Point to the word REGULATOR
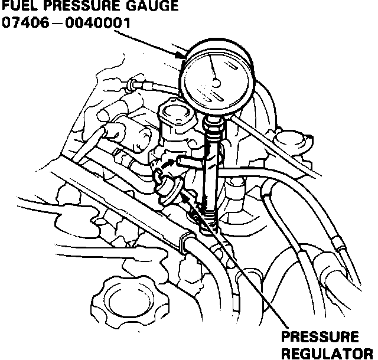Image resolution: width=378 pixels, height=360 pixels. click(327, 353)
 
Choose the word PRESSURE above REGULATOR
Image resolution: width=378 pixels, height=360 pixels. click(320, 338)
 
